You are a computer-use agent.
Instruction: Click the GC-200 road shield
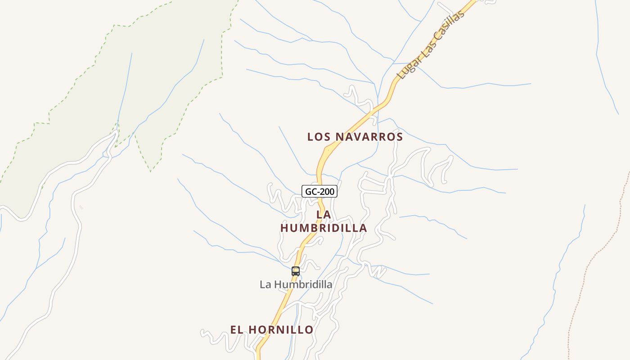(319, 192)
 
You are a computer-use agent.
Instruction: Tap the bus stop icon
(296, 271)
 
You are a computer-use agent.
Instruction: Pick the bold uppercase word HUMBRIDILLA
(324, 228)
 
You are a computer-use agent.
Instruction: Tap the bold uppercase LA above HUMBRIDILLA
(324, 215)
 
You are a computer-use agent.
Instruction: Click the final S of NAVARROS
(399, 137)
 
